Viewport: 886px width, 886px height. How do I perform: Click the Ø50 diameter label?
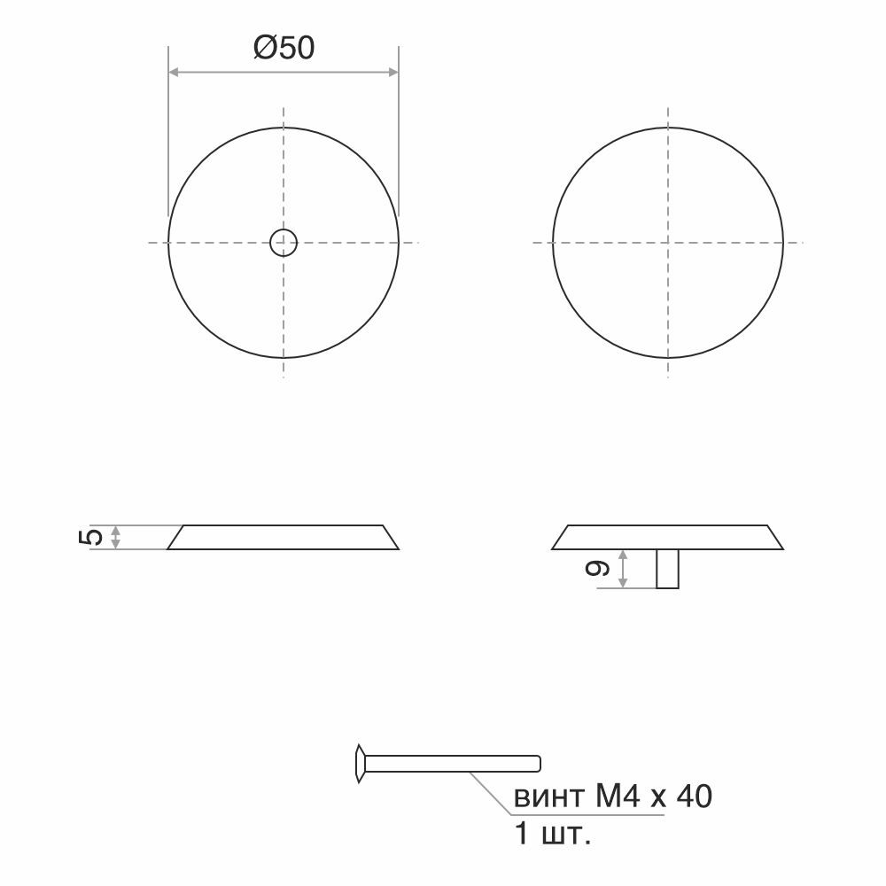[x=284, y=48]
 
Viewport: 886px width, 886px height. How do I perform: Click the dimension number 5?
[x=91, y=537]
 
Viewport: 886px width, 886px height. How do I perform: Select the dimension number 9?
[x=598, y=568]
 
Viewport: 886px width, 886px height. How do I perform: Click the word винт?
[x=548, y=797]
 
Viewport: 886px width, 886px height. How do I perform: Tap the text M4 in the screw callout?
[x=618, y=796]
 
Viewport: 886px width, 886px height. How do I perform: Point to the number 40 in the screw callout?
[x=694, y=796]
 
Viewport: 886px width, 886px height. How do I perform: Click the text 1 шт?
[x=553, y=834]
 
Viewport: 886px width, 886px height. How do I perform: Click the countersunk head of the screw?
[x=360, y=764]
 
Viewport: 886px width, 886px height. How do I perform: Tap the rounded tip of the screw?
[x=538, y=764]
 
